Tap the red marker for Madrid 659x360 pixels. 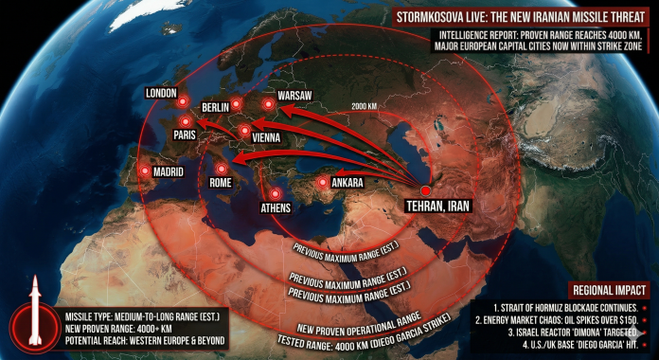click(145, 171)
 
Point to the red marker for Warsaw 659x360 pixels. click(269, 103)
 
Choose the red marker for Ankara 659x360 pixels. click(324, 182)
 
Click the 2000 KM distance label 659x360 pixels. click(370, 105)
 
